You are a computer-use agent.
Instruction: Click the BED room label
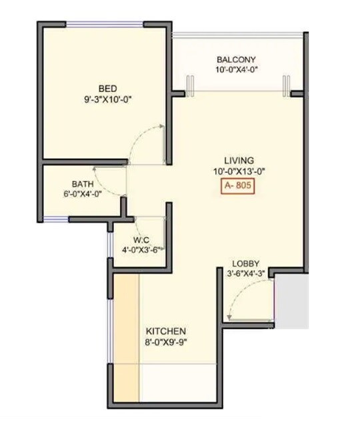point(108,89)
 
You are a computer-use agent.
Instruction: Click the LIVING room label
point(238,161)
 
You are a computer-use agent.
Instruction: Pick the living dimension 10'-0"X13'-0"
point(238,171)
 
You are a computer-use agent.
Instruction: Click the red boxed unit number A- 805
point(238,187)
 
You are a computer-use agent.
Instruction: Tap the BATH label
point(82,184)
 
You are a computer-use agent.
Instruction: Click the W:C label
point(141,240)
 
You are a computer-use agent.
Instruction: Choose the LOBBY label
point(245,264)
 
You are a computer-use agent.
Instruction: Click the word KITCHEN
point(165,331)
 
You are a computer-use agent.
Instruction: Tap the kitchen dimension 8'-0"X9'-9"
point(165,342)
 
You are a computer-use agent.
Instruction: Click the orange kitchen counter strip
point(126,333)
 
